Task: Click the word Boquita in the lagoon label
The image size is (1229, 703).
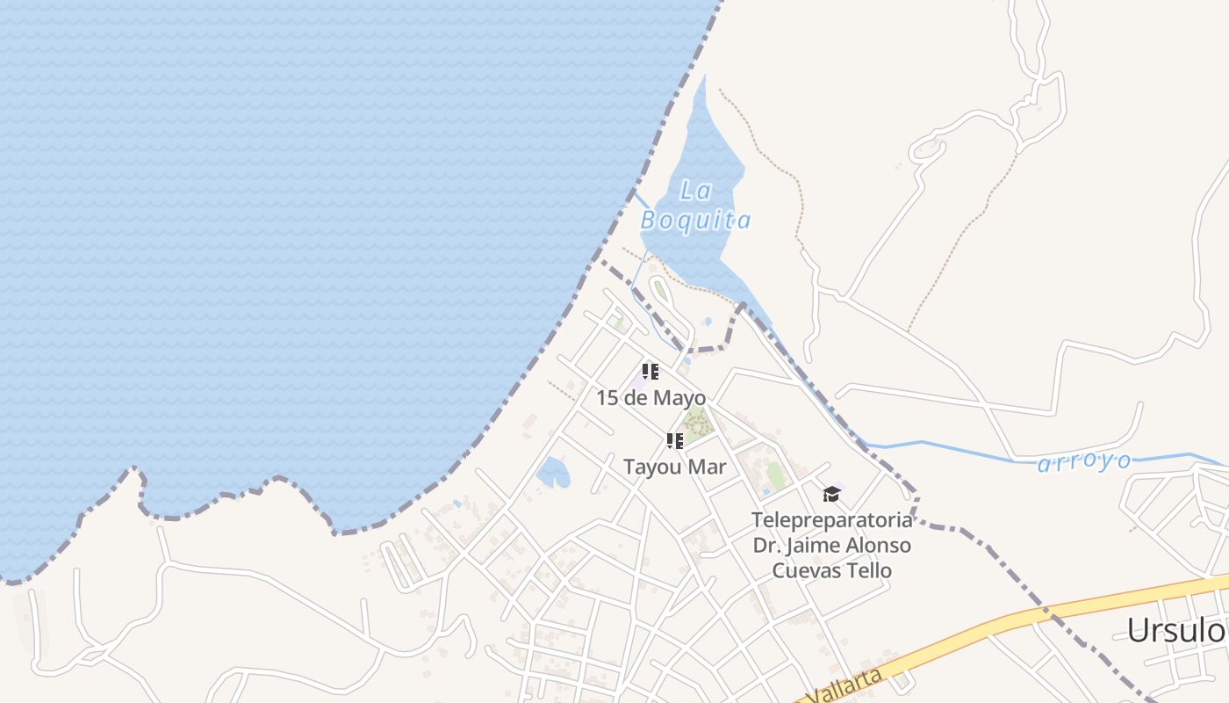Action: coord(695,220)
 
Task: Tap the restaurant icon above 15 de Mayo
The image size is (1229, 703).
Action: coord(650,372)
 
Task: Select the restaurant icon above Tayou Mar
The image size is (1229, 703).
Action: coord(674,441)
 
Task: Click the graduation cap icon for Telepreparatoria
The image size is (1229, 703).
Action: coord(831,495)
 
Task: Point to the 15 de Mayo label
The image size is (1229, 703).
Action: coord(650,397)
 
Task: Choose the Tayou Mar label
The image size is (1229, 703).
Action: coord(674,467)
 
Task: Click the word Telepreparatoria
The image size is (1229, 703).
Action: coord(831,520)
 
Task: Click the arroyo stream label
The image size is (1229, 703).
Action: coord(1084,462)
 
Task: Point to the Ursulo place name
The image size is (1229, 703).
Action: coord(1176,630)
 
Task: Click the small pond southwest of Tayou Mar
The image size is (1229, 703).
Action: coord(553,473)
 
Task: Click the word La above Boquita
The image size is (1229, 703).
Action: coord(695,190)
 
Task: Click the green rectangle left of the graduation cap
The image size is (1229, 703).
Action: coord(774,475)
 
